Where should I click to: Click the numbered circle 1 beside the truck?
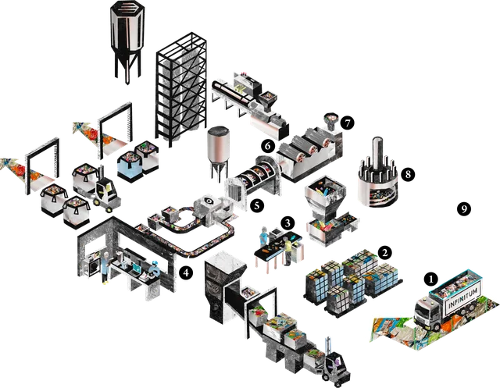[431, 279]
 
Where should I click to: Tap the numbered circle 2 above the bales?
[385, 253]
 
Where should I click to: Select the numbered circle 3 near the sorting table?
[288, 223]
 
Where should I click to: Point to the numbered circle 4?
[186, 272]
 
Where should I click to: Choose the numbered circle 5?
[257, 206]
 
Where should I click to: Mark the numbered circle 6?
[268, 146]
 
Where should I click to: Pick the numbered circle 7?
[347, 123]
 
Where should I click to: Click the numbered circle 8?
[408, 174]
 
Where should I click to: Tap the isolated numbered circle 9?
[464, 209]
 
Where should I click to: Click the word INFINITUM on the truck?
[463, 298]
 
